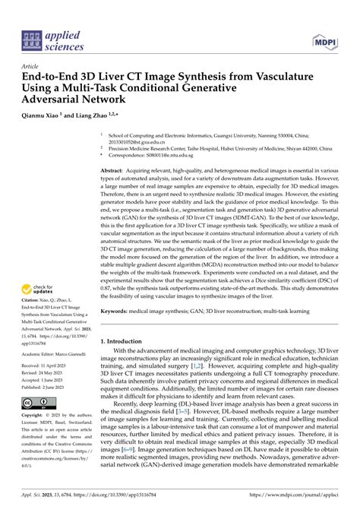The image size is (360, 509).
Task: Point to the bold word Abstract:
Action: pos(115,173)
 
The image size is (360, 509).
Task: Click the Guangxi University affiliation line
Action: pos(228,132)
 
